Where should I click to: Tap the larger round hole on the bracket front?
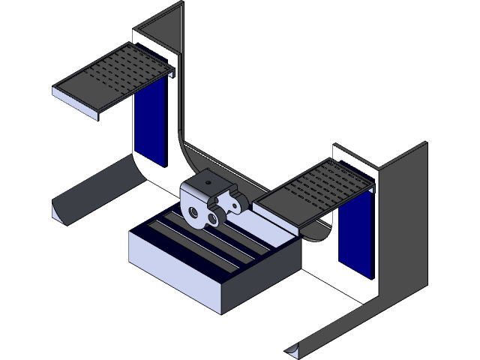coord(197,213)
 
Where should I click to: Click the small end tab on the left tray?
coord(172,73)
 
